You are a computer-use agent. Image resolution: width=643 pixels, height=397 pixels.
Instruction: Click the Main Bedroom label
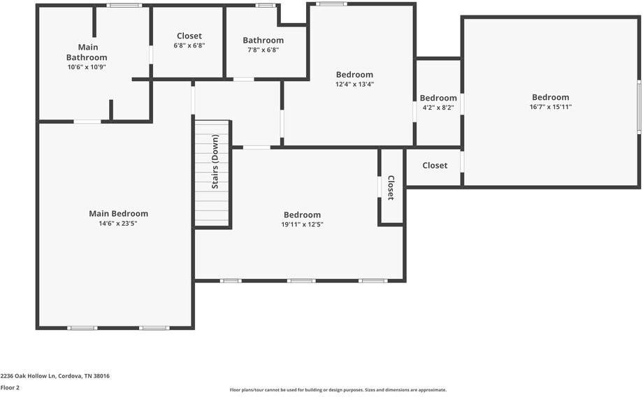pyautogui.click(x=118, y=214)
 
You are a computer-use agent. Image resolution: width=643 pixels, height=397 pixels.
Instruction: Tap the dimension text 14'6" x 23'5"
pyautogui.click(x=118, y=224)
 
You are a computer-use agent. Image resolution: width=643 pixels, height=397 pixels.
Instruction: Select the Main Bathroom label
pyautogui.click(x=87, y=52)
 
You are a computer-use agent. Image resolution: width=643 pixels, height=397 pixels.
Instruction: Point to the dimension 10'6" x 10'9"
pyautogui.click(x=87, y=67)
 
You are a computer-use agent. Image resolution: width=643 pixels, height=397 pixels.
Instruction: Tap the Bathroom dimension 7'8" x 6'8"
pyautogui.click(x=263, y=50)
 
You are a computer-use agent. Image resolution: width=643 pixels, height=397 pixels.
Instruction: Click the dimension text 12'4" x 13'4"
pyautogui.click(x=354, y=85)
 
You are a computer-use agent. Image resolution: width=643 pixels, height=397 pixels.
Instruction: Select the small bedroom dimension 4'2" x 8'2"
pyautogui.click(x=438, y=108)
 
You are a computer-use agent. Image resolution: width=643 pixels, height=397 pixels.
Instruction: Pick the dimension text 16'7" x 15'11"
pyautogui.click(x=550, y=107)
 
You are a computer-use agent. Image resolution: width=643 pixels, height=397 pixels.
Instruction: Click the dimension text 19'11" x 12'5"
pyautogui.click(x=302, y=225)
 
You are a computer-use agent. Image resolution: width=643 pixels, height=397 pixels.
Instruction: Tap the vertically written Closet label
pyautogui.click(x=391, y=188)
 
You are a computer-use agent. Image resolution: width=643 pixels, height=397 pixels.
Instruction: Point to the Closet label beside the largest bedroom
pyautogui.click(x=435, y=166)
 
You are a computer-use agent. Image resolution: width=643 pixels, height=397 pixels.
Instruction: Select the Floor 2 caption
pyautogui.click(x=10, y=387)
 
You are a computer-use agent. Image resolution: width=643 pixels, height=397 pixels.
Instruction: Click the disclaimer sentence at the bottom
pyautogui.click(x=338, y=390)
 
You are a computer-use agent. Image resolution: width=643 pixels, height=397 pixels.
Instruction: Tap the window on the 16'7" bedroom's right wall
pyautogui.click(x=638, y=107)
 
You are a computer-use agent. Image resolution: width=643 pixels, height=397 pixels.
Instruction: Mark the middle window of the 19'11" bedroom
pyautogui.click(x=301, y=281)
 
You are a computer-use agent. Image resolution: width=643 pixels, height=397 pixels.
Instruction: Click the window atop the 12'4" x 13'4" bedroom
pyautogui.click(x=331, y=4)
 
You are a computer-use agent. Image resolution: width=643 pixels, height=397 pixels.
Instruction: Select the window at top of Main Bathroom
pyautogui.click(x=124, y=6)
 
